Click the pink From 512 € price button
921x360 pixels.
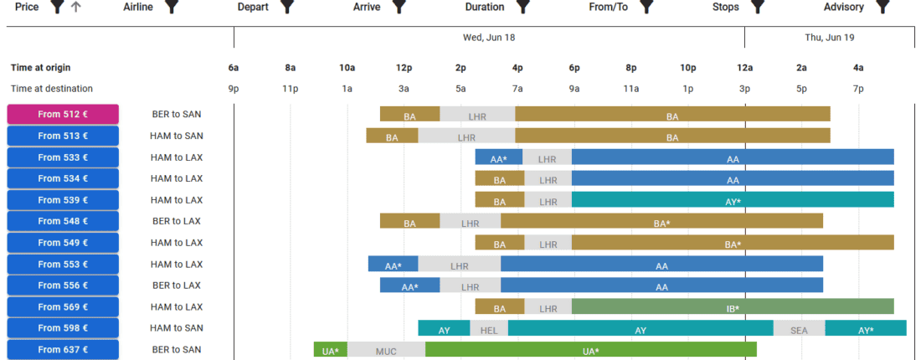click(x=63, y=115)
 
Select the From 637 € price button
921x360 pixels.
click(x=63, y=350)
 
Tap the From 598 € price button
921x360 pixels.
click(x=63, y=328)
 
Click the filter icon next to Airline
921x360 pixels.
click(x=172, y=8)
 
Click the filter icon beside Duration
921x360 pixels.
click(x=523, y=8)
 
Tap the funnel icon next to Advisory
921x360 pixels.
click(x=882, y=8)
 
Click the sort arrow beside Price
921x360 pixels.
click(x=76, y=8)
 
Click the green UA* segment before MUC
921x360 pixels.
click(x=331, y=351)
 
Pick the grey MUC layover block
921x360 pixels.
click(x=386, y=351)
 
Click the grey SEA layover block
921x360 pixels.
click(x=799, y=329)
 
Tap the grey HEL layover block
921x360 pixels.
click(x=489, y=329)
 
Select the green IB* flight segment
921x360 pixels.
click(x=733, y=307)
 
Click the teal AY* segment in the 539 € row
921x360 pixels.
click(x=733, y=200)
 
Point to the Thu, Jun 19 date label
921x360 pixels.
click(x=829, y=38)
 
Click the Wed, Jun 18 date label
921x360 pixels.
click(x=489, y=38)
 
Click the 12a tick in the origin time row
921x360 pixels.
click(x=744, y=68)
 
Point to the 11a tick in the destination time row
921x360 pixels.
click(x=630, y=89)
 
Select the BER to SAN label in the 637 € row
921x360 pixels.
click(x=176, y=350)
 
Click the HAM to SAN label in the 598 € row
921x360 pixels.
click(x=176, y=328)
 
